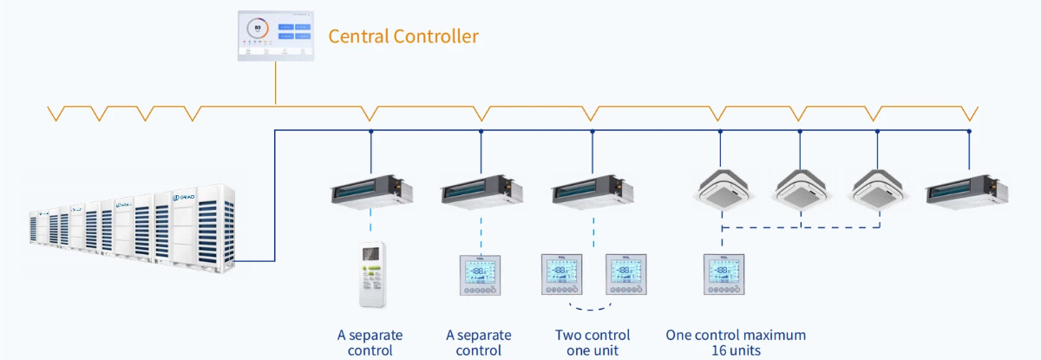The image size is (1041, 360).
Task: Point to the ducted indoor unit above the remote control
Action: click(x=371, y=190)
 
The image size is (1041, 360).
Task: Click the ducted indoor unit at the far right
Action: click(x=968, y=190)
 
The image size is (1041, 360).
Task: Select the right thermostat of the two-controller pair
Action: click(x=626, y=275)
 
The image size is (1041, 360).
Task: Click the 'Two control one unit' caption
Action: click(x=593, y=343)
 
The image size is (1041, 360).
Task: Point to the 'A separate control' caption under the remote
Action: click(x=370, y=343)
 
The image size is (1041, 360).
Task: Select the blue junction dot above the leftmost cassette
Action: click(x=721, y=132)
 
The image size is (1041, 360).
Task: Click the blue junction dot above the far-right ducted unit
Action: click(x=969, y=132)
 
